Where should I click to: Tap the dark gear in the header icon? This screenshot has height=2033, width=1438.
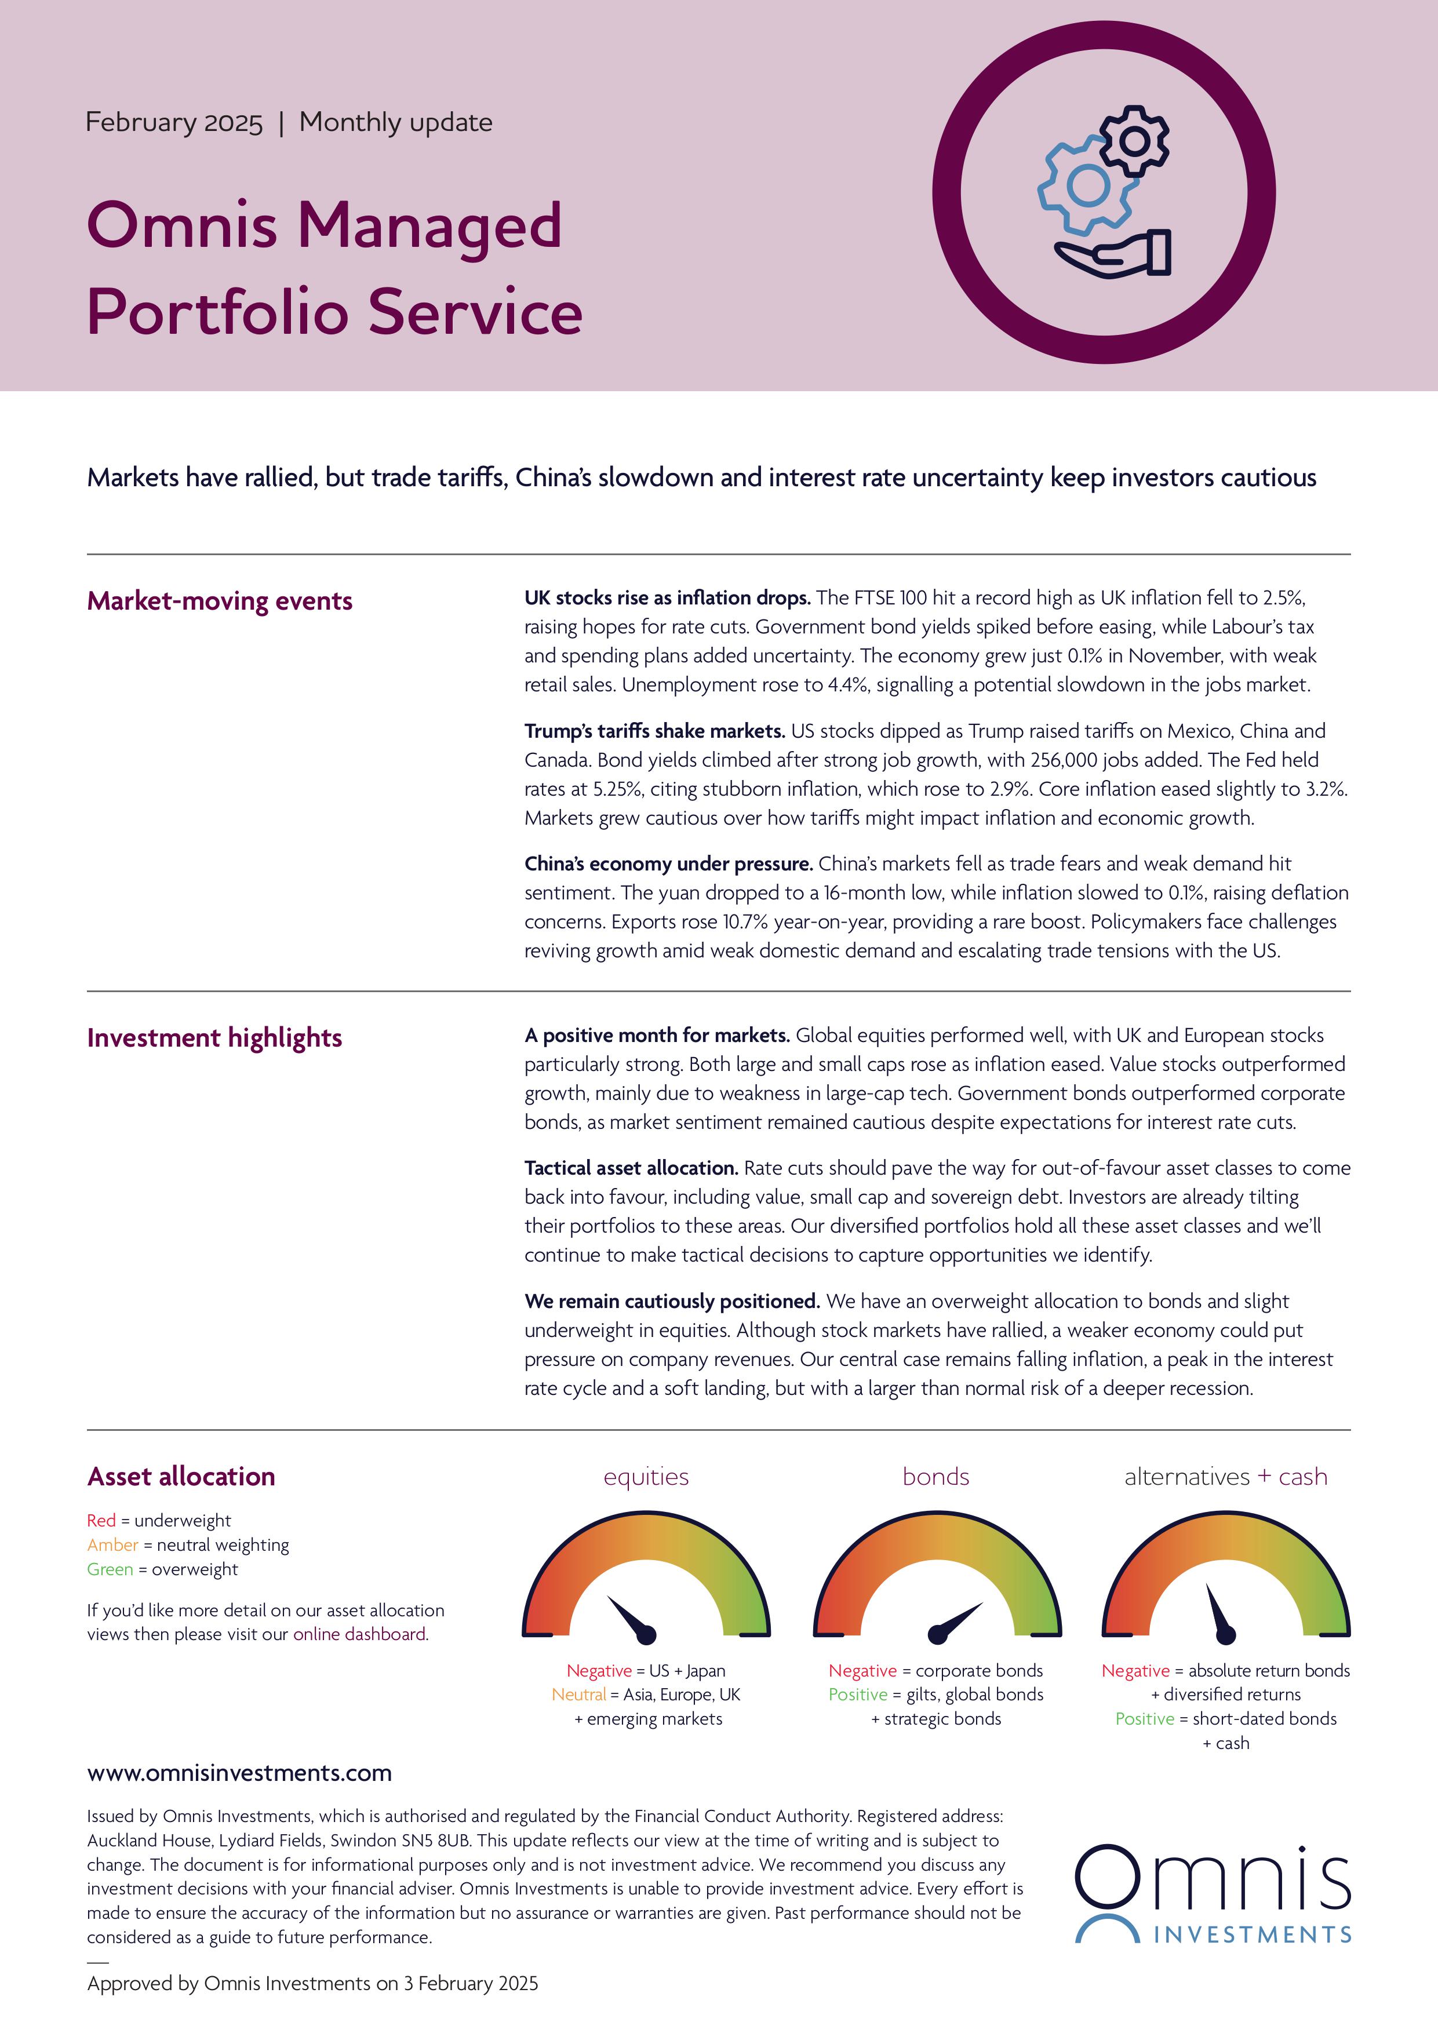[1134, 140]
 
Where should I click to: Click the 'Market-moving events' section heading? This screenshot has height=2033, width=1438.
[220, 601]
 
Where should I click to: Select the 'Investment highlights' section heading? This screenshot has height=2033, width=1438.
[214, 1038]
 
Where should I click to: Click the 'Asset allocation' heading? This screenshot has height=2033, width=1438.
[181, 1476]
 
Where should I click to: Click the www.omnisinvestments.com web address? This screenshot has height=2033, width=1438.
[239, 1773]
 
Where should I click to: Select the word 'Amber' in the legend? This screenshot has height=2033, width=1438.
[112, 1544]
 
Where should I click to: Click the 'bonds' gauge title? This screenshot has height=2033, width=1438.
[936, 1476]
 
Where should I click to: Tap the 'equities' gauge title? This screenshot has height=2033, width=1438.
[646, 1476]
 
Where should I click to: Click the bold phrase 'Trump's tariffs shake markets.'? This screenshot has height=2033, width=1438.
[654, 731]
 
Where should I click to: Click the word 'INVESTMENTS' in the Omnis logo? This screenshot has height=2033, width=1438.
[1252, 1934]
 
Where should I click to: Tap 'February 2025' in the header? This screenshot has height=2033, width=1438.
[173, 122]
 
